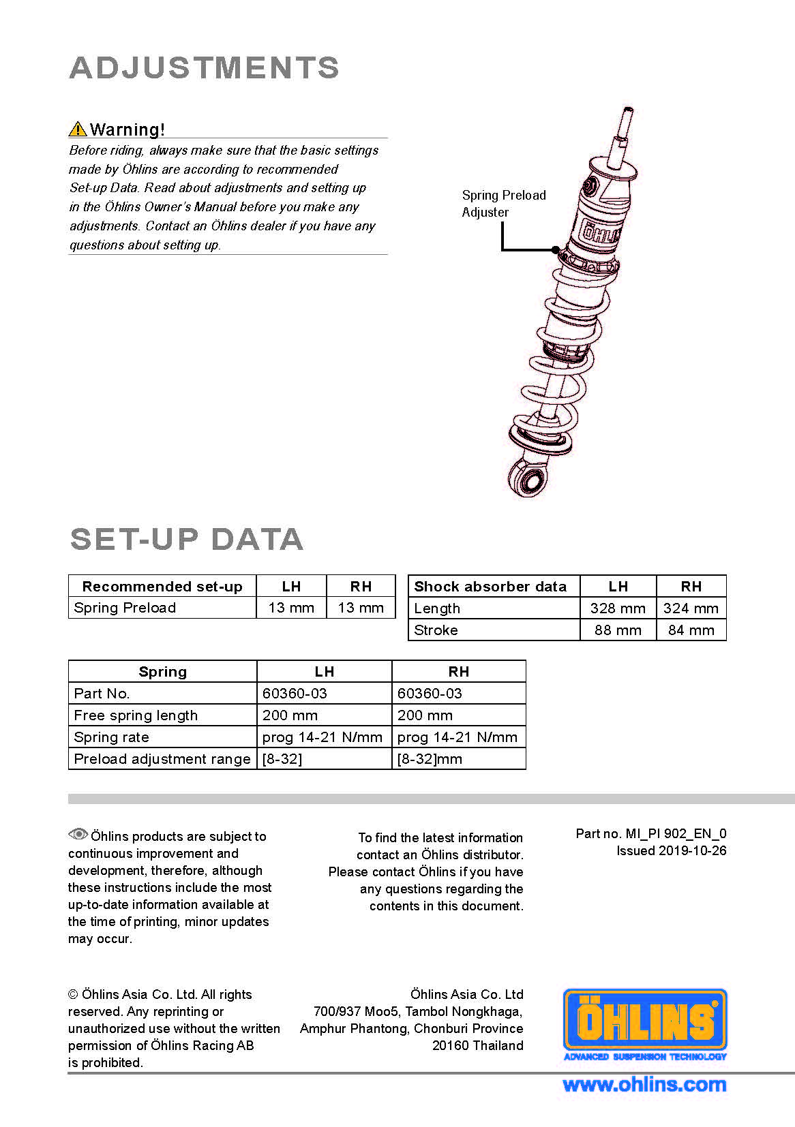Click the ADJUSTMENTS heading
coord(204,67)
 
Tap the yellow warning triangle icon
coord(78,129)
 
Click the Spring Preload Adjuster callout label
coord(503,203)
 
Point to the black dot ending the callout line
coord(555,249)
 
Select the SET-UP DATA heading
coord(187,540)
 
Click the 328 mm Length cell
coord(618,608)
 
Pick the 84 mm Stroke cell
coord(691,630)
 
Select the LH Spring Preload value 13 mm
coord(291,608)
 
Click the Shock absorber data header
coord(490,586)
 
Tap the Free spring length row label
coord(136,715)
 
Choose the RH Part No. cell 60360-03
coord(430,694)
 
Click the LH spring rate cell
coord(322,737)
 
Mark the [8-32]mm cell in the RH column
coord(430,758)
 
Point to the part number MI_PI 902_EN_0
coord(676,834)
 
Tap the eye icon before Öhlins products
coord(78,834)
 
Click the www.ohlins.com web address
coord(644,1085)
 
